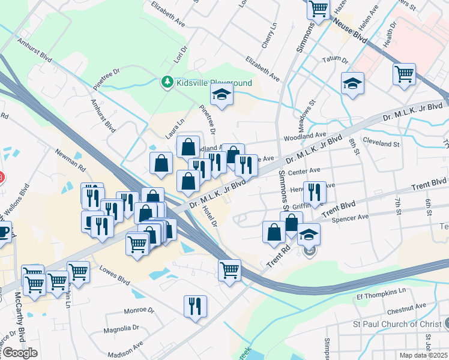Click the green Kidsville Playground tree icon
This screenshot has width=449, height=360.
[167, 82]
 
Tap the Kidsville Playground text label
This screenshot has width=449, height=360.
[214, 83]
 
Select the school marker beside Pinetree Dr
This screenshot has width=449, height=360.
[221, 95]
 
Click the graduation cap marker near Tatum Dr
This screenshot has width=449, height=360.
[352, 83]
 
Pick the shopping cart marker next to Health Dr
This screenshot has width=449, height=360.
[404, 74]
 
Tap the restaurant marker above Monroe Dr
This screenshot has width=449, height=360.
[195, 306]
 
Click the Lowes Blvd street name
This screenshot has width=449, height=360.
[115, 279]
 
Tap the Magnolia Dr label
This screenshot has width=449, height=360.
[121, 328]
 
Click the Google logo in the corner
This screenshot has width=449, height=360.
[20, 353]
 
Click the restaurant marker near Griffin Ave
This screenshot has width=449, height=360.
[315, 192]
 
